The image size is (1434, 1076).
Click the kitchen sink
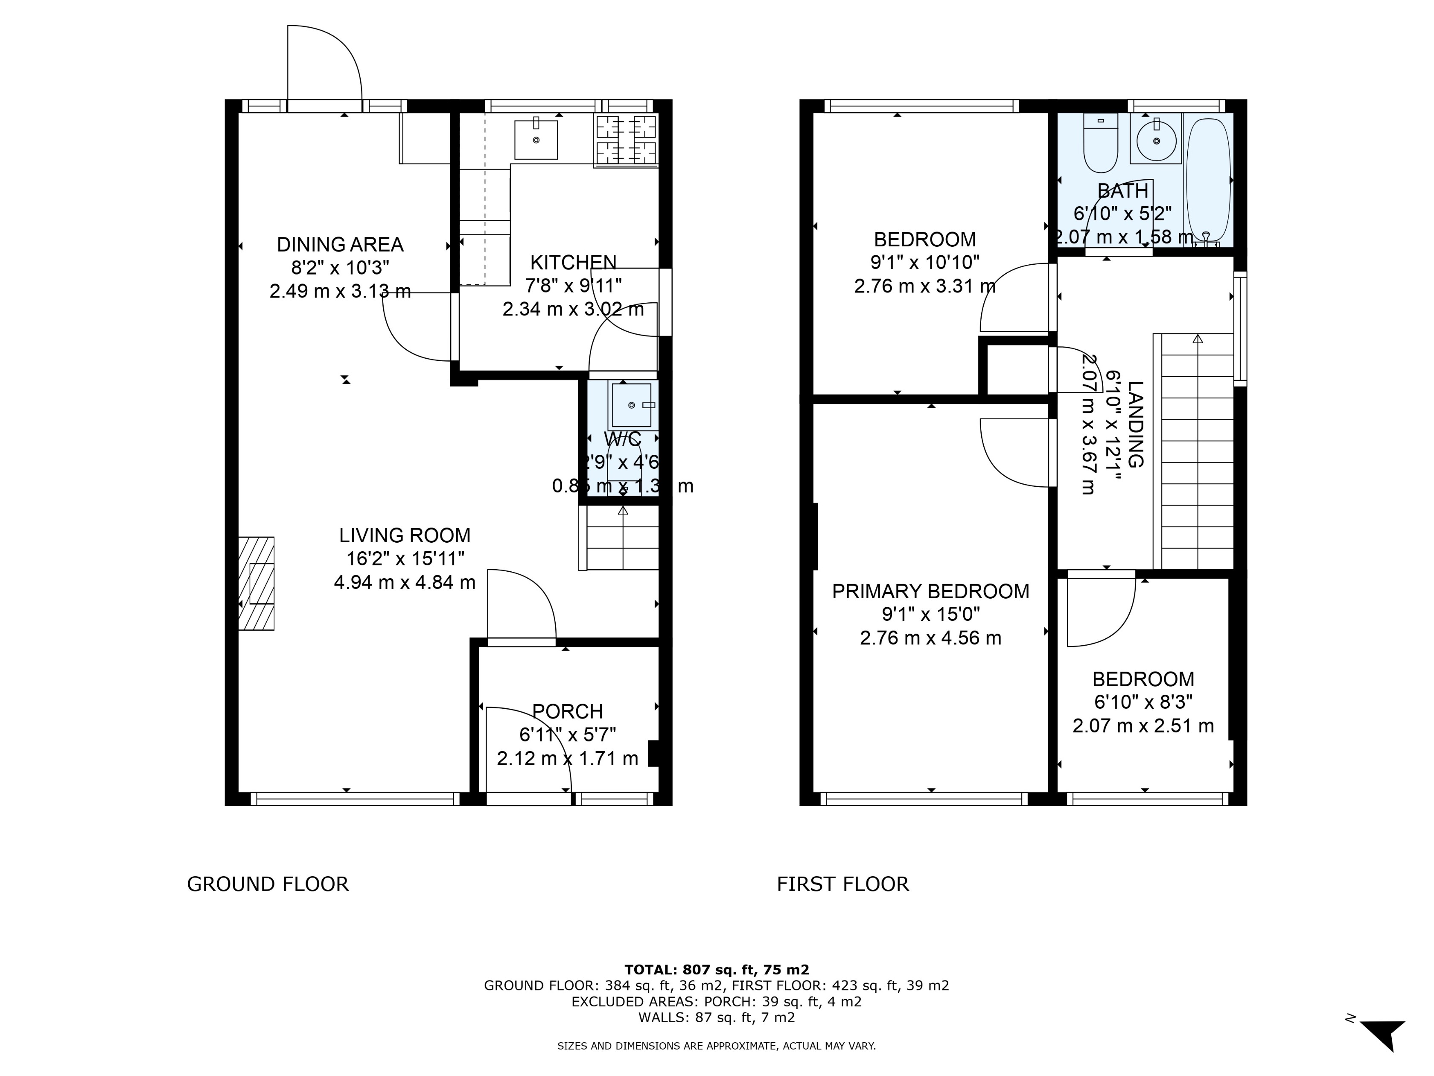(536, 140)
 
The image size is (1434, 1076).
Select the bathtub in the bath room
(1208, 180)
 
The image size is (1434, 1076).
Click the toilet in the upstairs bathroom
(1100, 143)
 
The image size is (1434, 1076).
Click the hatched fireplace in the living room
(257, 583)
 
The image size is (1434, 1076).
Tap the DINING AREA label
(340, 245)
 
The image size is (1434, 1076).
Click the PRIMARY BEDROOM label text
(930, 591)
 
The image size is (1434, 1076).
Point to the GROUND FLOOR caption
(268, 884)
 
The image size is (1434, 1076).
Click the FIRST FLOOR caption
(843, 884)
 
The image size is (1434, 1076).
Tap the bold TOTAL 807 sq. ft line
(716, 970)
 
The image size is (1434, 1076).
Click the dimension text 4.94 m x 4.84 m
(405, 582)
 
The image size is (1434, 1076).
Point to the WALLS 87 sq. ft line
(716, 1017)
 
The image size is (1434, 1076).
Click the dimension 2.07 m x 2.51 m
(1143, 726)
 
